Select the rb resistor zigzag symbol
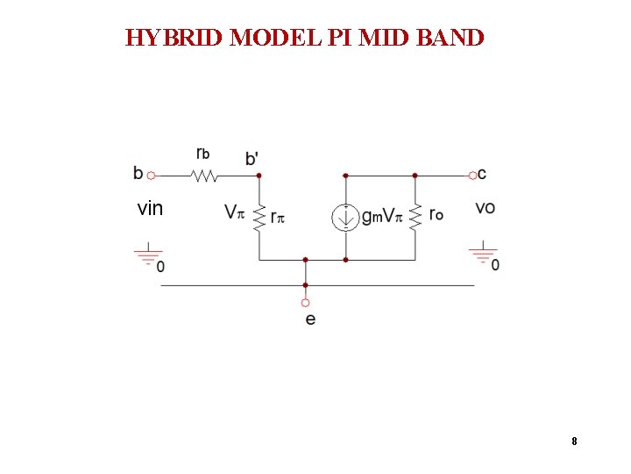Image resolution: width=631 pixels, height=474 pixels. (x=204, y=176)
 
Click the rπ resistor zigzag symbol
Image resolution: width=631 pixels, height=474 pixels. (x=259, y=217)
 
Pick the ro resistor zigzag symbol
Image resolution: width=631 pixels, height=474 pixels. (x=415, y=217)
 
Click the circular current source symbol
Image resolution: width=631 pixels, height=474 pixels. (x=345, y=217)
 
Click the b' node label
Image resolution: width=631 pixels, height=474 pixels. (x=252, y=159)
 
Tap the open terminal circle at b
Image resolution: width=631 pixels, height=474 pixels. (x=151, y=176)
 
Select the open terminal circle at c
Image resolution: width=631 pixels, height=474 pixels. (x=472, y=176)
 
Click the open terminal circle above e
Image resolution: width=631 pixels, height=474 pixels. (x=305, y=302)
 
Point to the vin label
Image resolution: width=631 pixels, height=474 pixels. (x=150, y=209)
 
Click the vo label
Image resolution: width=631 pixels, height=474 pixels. (x=486, y=208)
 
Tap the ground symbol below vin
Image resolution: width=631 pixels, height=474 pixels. (x=147, y=256)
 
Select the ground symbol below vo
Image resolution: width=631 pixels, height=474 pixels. (x=482, y=255)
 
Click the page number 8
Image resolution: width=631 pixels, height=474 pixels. (x=574, y=442)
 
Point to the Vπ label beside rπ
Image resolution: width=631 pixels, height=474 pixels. (x=234, y=212)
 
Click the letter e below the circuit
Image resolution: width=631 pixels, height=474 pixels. (x=310, y=319)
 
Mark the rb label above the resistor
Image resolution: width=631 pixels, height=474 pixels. (x=202, y=153)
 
